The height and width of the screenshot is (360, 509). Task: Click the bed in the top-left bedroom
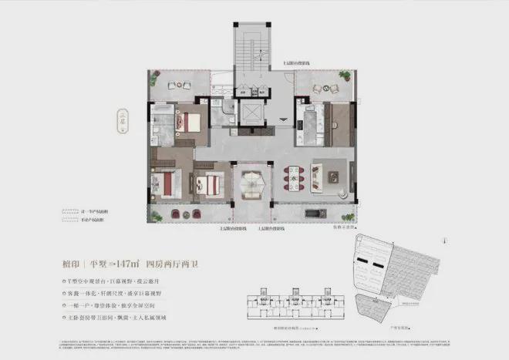(x=187, y=121)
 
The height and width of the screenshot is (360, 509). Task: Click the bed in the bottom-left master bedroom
(x=168, y=183)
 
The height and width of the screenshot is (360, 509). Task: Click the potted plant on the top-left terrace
(x=155, y=76)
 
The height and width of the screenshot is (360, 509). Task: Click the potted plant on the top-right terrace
(x=344, y=78)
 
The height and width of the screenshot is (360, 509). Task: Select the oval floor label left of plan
(x=123, y=123)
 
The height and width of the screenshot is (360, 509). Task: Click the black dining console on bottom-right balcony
(x=317, y=210)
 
